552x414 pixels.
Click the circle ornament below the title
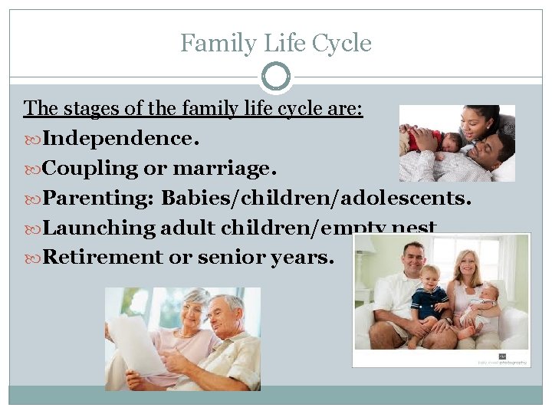tap(276, 77)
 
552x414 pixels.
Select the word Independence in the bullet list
tap(117, 139)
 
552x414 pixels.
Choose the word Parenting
tap(97, 199)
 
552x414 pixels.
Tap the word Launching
tap(99, 228)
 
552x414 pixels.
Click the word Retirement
tap(103, 257)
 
